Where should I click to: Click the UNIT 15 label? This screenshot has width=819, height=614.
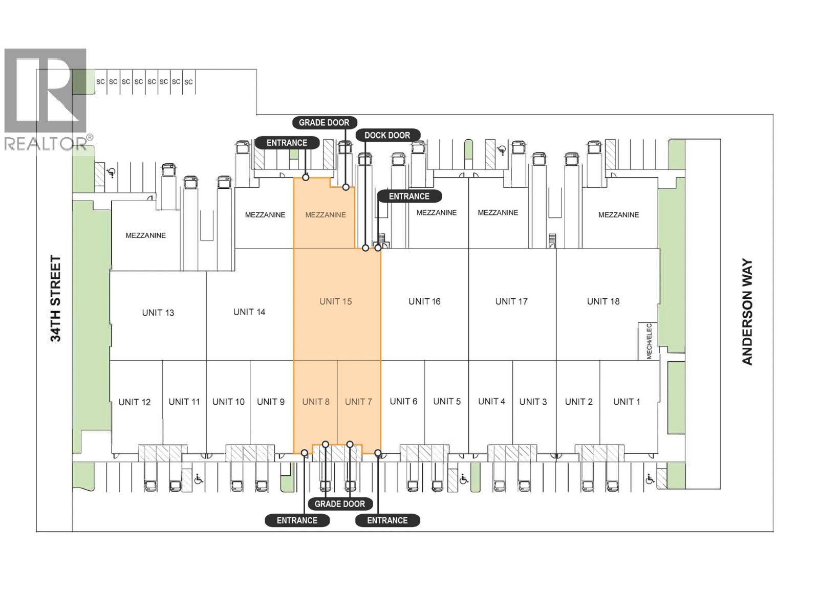[x=335, y=301]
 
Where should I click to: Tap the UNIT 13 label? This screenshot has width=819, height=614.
[x=158, y=313]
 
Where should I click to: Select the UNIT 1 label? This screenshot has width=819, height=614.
[x=627, y=402]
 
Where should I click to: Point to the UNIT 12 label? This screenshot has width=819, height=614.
[x=134, y=402]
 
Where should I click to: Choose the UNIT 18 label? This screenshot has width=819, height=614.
[x=603, y=301]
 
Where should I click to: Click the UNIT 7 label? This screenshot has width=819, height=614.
[x=358, y=402]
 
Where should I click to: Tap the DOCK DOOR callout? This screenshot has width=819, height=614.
[x=387, y=135]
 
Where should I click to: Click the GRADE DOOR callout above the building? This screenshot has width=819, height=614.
[x=324, y=122]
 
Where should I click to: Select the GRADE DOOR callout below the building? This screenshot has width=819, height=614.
[x=339, y=503]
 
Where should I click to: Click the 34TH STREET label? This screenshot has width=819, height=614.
[x=55, y=298]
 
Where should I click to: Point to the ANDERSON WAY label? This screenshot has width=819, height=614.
[x=747, y=311]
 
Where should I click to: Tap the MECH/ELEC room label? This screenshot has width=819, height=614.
[x=649, y=341]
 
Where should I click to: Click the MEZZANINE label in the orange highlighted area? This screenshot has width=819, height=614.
[x=326, y=215]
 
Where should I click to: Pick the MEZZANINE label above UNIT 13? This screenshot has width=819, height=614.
[x=145, y=235]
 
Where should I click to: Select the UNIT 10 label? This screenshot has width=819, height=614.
[x=228, y=402]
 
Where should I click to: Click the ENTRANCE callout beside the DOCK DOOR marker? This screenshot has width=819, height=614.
[x=409, y=196]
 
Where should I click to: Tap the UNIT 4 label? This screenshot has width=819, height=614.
[x=491, y=401]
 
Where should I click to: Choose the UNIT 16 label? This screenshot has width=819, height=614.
[x=424, y=301]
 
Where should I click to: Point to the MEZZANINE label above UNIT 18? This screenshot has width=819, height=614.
[x=618, y=215]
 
